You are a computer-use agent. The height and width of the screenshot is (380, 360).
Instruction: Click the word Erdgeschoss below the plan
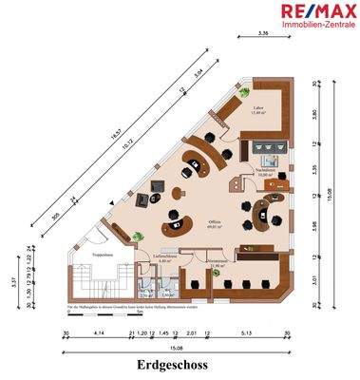tap(180, 365)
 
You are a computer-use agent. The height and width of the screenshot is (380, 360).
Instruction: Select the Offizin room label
tap(217, 223)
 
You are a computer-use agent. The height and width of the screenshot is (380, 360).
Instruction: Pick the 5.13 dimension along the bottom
tap(246, 333)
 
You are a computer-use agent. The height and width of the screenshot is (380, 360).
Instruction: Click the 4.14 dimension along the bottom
tap(98, 333)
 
